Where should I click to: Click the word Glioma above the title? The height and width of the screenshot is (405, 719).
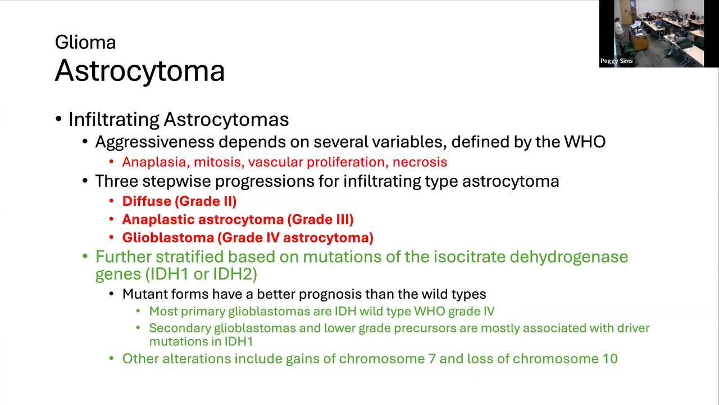(x=85, y=42)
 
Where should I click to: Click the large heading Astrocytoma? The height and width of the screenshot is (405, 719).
(x=140, y=71)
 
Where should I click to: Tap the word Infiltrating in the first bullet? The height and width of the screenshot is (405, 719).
(x=113, y=120)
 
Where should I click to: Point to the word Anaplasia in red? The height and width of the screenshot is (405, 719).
(x=156, y=162)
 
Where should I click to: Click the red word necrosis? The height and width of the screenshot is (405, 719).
(x=420, y=162)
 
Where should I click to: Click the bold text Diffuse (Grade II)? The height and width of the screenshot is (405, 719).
(x=179, y=201)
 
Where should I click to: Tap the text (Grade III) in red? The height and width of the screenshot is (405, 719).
(x=320, y=219)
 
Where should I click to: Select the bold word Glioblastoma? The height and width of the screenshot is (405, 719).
(x=168, y=238)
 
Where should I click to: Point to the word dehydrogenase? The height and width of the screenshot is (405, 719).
(x=569, y=257)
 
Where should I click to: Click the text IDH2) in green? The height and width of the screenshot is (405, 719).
(x=235, y=274)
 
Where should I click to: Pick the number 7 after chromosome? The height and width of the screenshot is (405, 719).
(x=432, y=359)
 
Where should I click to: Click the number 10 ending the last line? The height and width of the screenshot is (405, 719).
(x=610, y=359)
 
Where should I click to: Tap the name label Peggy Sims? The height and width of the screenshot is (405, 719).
(x=616, y=61)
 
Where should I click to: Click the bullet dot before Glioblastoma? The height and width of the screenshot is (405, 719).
(x=111, y=238)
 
